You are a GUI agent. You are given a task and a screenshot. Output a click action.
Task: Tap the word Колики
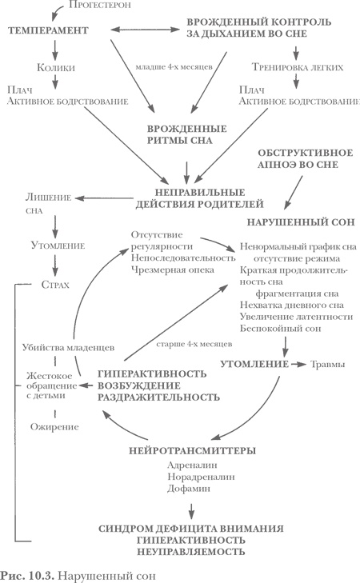(x=54, y=70)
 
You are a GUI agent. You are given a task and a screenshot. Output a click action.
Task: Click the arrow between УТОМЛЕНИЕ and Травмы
(x=298, y=365)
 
